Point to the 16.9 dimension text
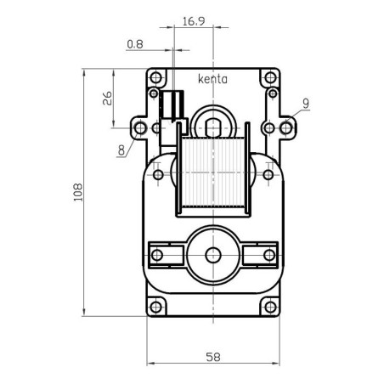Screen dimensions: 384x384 [193, 24]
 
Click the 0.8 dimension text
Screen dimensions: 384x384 [134, 44]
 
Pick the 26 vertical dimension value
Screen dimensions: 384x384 [109, 98]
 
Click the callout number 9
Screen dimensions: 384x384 [305, 103]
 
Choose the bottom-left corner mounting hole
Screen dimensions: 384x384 [155, 305]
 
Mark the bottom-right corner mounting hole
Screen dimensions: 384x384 [271, 305]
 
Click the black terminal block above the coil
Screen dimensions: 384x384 [173, 104]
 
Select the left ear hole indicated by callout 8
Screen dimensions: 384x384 [140, 128]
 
